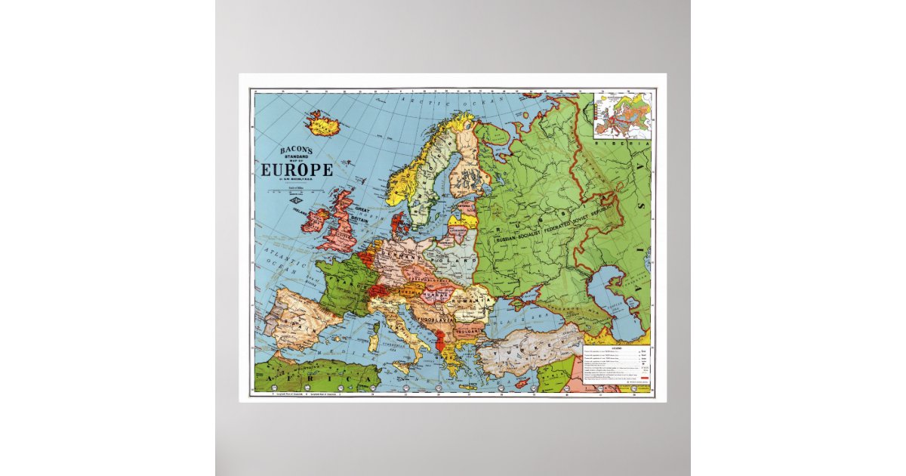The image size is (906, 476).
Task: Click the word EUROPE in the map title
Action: coord(297,170)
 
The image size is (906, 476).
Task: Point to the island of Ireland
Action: coord(316,220)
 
